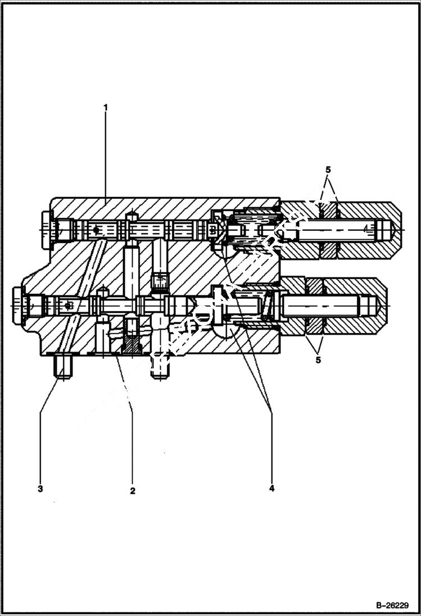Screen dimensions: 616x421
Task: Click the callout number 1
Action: click(105, 106)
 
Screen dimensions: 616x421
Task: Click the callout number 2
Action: click(133, 490)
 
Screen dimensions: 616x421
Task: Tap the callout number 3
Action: click(40, 489)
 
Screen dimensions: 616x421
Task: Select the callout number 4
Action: click(271, 488)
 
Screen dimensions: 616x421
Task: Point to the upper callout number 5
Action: click(328, 169)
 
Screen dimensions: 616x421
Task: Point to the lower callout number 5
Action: click(318, 360)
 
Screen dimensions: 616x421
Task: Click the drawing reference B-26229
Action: click(391, 605)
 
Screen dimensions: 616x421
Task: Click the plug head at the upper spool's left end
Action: click(46, 229)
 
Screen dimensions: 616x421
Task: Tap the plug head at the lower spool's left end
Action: click(18, 305)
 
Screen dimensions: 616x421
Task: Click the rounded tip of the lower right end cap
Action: click(383, 305)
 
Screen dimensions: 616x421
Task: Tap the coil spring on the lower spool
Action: click(264, 307)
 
